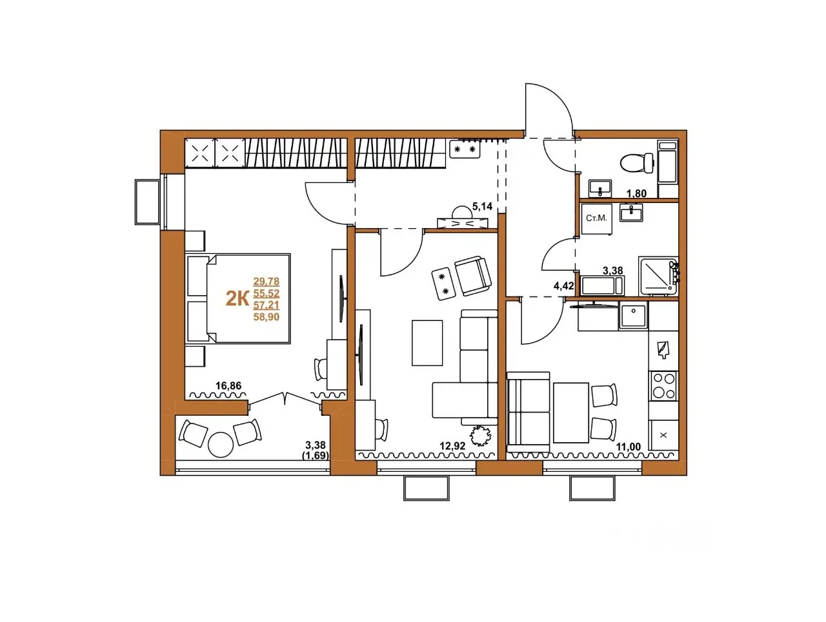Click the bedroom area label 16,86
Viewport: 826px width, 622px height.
(x=228, y=385)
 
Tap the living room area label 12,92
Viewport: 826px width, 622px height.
(x=452, y=446)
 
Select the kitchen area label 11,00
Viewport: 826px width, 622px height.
(x=628, y=447)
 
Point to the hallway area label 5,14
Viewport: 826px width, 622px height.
(x=482, y=206)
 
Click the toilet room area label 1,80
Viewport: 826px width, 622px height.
(x=636, y=193)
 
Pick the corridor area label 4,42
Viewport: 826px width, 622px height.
(x=563, y=286)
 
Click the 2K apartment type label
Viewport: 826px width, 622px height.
(x=237, y=299)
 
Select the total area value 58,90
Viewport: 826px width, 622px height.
(x=267, y=317)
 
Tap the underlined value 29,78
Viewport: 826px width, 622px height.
(x=267, y=281)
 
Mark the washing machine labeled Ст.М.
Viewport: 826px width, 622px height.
(x=596, y=219)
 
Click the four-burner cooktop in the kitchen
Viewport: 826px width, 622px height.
(x=663, y=385)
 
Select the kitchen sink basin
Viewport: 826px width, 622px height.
(x=634, y=315)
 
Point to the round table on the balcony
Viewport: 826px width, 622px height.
(x=221, y=445)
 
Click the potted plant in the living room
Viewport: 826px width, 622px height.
(x=481, y=435)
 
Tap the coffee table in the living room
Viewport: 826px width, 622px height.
(x=427, y=343)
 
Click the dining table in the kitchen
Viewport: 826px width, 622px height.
(x=571, y=413)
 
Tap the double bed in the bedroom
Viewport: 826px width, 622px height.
(x=248, y=299)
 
